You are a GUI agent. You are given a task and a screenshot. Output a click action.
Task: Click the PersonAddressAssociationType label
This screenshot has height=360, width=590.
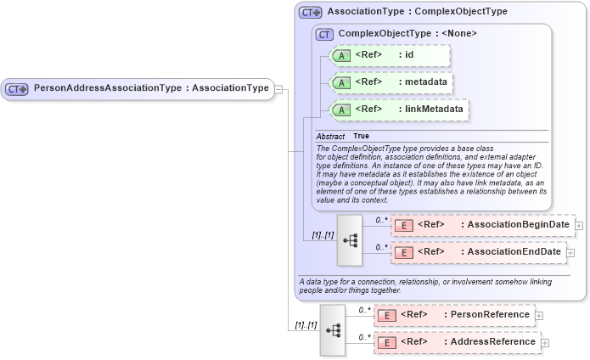150,88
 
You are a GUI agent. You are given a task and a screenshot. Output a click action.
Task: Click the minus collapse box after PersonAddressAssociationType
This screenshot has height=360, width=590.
278,89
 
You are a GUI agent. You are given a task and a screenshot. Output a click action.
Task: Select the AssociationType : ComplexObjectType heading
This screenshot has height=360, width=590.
417,12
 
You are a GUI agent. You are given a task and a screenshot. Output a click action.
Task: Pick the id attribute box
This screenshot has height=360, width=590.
390,56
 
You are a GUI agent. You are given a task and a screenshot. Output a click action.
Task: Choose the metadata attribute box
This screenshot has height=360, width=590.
391,82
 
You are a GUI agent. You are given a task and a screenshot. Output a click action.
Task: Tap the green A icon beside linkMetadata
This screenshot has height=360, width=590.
340,110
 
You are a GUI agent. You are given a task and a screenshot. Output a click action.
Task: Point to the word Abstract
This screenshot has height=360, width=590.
330,136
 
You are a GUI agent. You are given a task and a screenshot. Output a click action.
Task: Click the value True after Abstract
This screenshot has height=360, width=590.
361,136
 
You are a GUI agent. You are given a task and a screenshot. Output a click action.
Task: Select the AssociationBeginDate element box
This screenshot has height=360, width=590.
482,225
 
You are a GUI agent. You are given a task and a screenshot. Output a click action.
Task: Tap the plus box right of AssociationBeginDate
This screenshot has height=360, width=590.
579,225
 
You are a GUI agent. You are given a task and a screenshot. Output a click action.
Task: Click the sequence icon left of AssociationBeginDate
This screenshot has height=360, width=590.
349,239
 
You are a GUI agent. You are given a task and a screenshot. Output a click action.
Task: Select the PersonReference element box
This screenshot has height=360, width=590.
454,315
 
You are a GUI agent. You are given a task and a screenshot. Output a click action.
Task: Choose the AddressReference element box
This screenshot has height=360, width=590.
457,342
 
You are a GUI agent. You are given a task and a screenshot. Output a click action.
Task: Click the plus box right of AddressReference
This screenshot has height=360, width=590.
545,342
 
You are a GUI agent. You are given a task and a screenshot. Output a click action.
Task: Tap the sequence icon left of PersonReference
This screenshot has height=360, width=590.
332,329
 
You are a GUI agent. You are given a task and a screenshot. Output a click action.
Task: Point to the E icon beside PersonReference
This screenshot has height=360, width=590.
387,315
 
